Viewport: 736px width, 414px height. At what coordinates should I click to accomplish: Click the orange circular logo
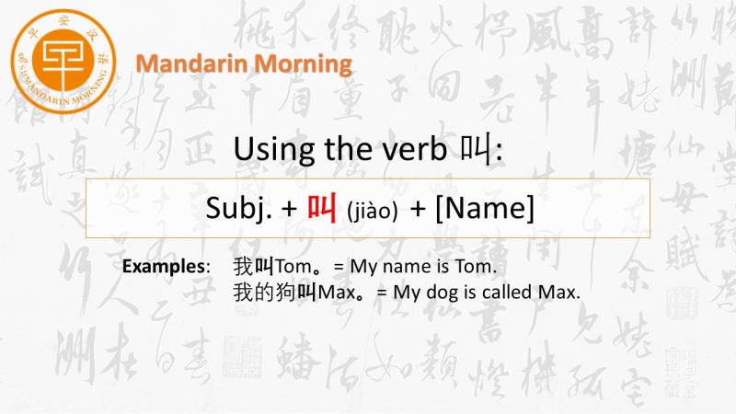63,62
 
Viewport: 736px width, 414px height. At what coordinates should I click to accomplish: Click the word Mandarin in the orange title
190,63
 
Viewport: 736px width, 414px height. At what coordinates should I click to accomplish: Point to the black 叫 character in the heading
475,148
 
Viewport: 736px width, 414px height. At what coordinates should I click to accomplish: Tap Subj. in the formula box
239,208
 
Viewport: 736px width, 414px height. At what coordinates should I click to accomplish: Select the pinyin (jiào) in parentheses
373,211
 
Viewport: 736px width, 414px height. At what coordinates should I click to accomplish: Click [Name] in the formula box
485,208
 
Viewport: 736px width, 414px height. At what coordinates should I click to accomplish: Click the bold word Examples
164,266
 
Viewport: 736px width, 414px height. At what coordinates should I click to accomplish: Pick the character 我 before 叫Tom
243,266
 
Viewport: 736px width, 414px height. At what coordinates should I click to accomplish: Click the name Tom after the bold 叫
293,266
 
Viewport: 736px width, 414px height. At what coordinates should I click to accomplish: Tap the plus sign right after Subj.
289,209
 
